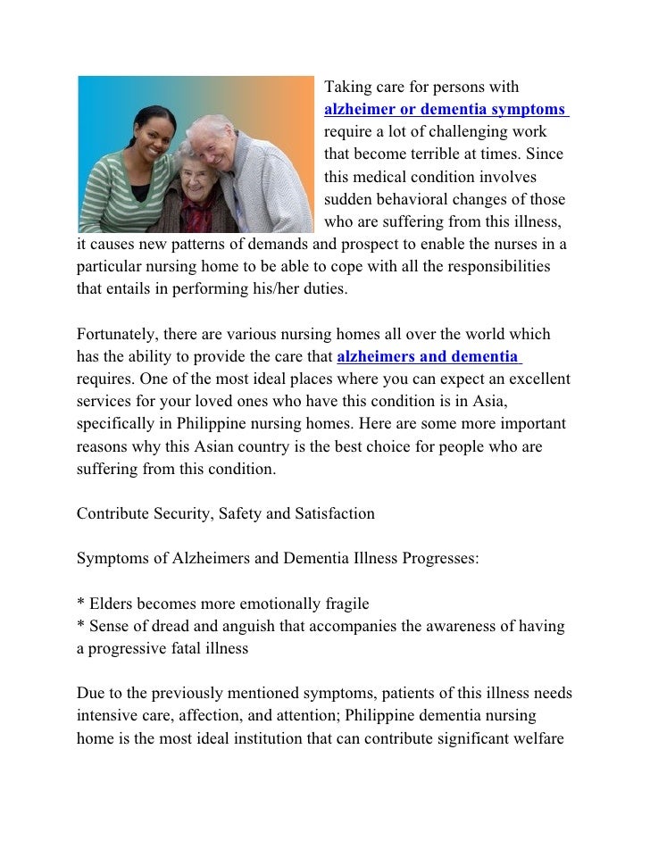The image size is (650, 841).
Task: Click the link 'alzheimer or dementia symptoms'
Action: [445, 110]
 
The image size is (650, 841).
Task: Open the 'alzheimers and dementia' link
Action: [428, 357]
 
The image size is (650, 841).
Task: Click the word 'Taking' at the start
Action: [346, 87]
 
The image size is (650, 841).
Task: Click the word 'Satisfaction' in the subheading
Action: [333, 514]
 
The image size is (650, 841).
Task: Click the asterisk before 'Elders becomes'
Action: [80, 604]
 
